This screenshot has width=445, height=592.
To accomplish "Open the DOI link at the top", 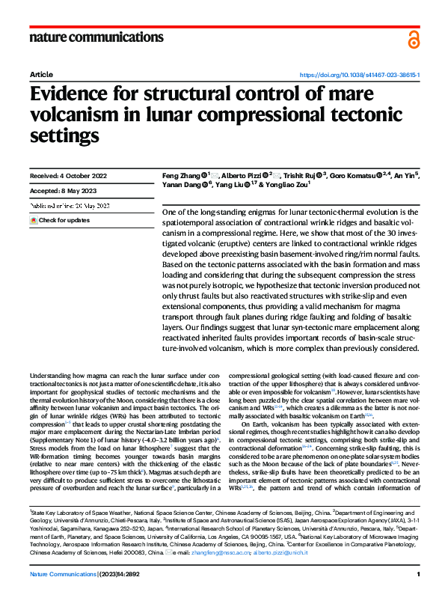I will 359,76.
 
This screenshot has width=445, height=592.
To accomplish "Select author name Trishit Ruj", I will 303,175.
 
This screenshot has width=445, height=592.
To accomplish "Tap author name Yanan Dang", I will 177,185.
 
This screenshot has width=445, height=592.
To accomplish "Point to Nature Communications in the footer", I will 64,574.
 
